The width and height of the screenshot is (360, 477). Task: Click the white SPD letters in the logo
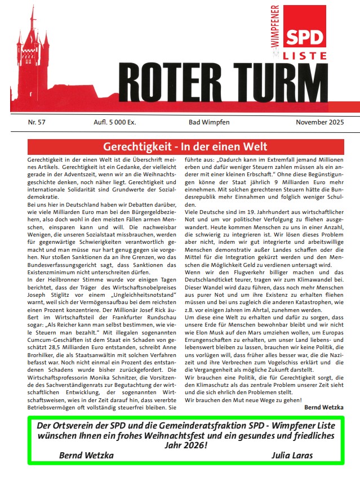pos(307,38)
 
